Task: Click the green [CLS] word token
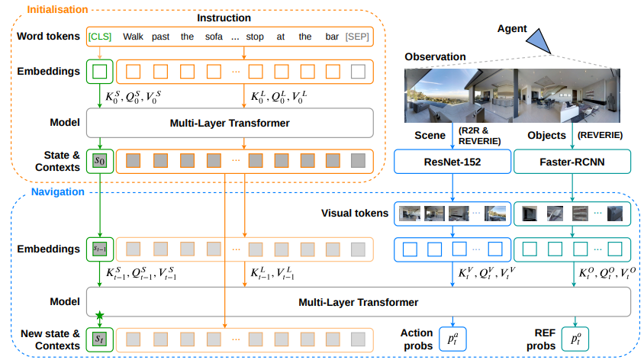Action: click(x=100, y=37)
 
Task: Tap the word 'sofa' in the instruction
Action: click(x=214, y=37)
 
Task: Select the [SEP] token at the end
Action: click(x=357, y=37)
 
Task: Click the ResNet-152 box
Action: click(x=452, y=162)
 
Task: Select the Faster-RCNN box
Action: click(x=572, y=162)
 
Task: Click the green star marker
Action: click(x=99, y=316)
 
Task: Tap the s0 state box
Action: click(x=100, y=160)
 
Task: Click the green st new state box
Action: click(x=100, y=339)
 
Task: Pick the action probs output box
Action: click(x=452, y=339)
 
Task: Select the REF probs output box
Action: click(x=575, y=339)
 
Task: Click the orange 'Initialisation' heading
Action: click(x=57, y=9)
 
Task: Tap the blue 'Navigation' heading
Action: click(x=58, y=191)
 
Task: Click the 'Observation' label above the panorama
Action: click(x=436, y=56)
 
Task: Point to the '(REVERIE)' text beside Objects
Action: click(x=600, y=135)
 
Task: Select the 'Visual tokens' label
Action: click(x=355, y=213)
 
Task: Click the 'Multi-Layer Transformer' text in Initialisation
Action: click(x=230, y=123)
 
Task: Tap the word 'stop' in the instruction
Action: click(x=255, y=37)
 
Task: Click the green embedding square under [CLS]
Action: click(x=100, y=72)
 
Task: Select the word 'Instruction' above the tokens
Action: click(x=224, y=18)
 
